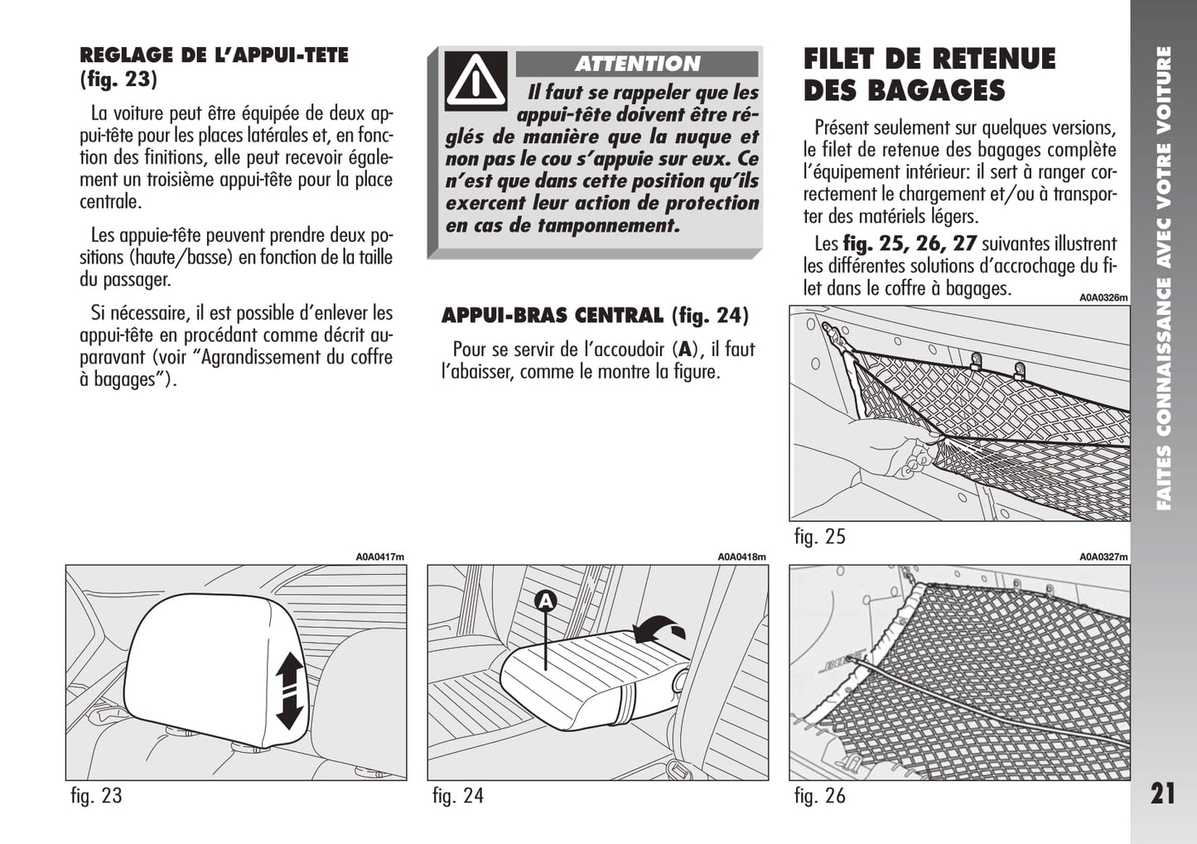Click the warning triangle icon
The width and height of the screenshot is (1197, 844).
[x=475, y=80]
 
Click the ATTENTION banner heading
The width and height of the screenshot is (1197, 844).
[x=637, y=64]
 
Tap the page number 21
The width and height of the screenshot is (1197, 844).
[x=1162, y=793]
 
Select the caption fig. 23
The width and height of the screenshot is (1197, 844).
[x=96, y=796]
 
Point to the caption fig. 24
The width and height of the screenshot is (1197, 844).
[x=458, y=796]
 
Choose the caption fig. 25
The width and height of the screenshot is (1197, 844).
[x=819, y=537]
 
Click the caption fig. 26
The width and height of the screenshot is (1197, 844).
[x=819, y=796]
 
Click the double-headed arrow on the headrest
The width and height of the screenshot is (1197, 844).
[x=289, y=690]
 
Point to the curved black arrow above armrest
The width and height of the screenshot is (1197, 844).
[x=659, y=629]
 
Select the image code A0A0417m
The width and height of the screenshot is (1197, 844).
[x=380, y=557]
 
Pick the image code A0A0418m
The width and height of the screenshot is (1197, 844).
[x=741, y=557]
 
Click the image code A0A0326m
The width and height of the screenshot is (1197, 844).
[x=1103, y=298]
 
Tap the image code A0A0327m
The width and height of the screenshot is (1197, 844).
[x=1103, y=557]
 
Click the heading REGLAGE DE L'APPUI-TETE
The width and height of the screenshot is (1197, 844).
[x=214, y=56]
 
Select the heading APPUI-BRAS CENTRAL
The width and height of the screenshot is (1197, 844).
[x=553, y=316]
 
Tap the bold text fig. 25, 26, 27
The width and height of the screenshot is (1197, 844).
[x=910, y=244]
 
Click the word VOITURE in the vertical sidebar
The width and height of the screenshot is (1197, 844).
[x=1163, y=91]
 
